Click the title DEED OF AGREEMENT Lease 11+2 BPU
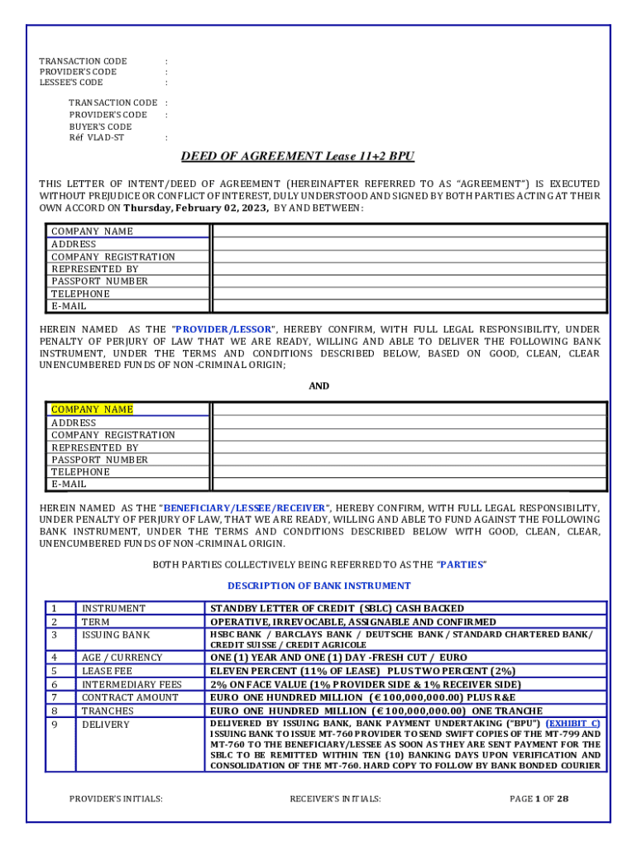point(298,156)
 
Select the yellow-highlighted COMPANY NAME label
point(92,409)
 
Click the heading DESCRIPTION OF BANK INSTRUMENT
point(318,586)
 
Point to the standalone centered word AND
point(318,386)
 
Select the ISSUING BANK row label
point(116,635)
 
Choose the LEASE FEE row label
point(107,671)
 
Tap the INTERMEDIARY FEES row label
point(132,684)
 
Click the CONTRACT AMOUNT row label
point(130,697)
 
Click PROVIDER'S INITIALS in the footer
point(116,799)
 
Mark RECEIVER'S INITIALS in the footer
point(335,799)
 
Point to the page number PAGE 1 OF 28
point(539,799)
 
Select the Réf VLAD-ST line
point(97,138)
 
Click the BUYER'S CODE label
point(100,127)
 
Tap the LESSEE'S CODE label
point(71,83)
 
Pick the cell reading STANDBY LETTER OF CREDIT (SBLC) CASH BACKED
point(337,609)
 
